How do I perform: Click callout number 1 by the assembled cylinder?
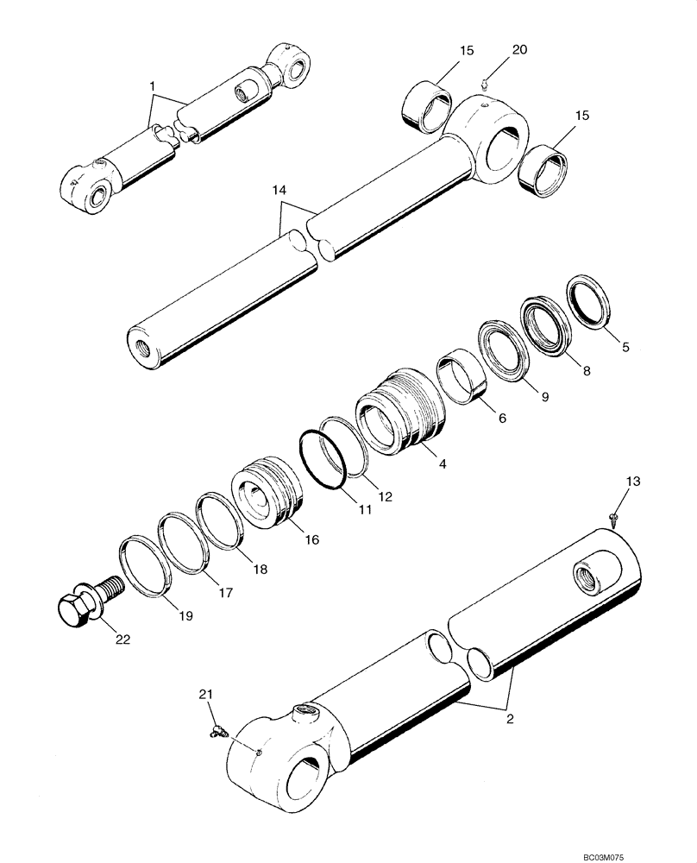tap(152, 86)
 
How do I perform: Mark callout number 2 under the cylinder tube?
tap(509, 716)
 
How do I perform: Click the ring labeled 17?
tap(183, 542)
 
